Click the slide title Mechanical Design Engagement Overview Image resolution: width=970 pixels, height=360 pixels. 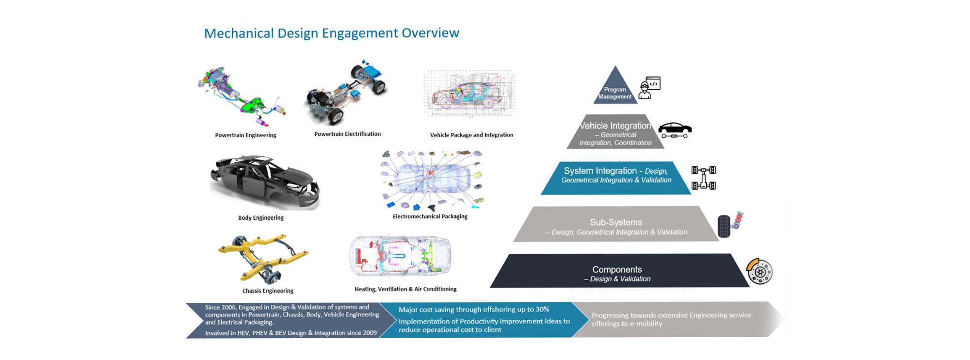(x=331, y=33)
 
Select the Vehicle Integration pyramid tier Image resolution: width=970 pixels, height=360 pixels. (x=615, y=131)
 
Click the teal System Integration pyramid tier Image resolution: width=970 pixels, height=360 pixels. (x=616, y=178)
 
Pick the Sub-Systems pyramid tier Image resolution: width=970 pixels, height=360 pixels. (x=616, y=224)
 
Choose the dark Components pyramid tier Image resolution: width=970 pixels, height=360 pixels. (x=619, y=271)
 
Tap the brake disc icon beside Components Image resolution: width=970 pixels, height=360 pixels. (x=759, y=272)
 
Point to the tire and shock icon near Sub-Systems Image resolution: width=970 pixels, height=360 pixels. (x=730, y=225)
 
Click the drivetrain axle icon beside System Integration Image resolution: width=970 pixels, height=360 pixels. (x=704, y=178)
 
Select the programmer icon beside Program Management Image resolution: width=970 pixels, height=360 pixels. (x=649, y=87)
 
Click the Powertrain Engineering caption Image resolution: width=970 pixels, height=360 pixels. (x=245, y=135)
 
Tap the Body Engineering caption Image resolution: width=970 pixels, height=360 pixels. (x=261, y=218)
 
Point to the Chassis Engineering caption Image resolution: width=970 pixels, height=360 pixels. (x=268, y=291)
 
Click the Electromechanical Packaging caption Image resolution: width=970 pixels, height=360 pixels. (x=430, y=216)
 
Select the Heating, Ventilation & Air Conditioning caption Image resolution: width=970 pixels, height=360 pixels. (x=405, y=289)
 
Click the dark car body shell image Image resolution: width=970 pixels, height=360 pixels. (x=265, y=182)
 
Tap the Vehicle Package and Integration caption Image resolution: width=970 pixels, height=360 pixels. (x=471, y=135)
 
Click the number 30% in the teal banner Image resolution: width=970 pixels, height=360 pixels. (x=542, y=309)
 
